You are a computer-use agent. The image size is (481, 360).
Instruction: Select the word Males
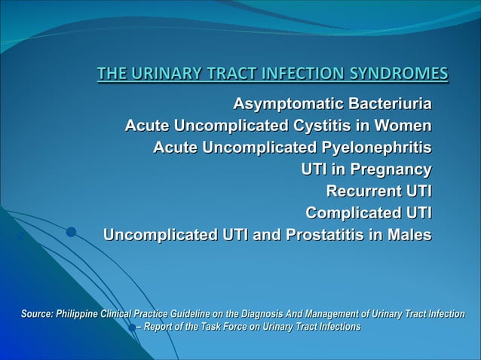point(407,235)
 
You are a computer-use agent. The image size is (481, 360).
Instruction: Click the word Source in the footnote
point(33,314)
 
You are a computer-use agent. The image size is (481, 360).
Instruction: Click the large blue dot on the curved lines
point(71,233)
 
